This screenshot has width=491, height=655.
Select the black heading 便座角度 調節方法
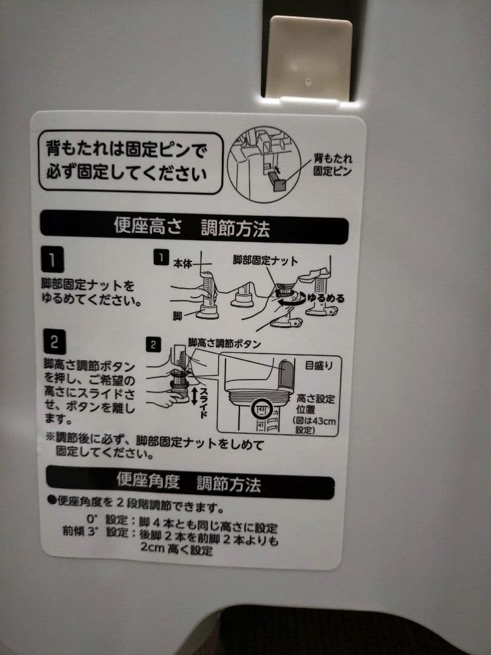click(x=190, y=483)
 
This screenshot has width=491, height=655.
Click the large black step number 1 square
click(x=53, y=259)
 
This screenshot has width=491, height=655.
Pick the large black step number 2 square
click(x=55, y=342)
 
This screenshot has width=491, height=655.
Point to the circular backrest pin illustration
click(x=264, y=164)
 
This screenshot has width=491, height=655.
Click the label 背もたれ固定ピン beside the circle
click(x=332, y=164)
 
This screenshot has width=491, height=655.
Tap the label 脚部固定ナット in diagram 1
click(x=266, y=261)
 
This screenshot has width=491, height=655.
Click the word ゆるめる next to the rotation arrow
click(x=326, y=298)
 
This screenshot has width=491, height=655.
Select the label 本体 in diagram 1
click(x=182, y=264)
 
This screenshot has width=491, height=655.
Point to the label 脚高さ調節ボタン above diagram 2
click(x=224, y=343)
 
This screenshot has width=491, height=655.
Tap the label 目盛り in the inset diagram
click(x=319, y=366)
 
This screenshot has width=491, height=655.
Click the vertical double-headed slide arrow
click(x=194, y=395)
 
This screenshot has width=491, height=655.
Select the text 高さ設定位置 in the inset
click(x=315, y=404)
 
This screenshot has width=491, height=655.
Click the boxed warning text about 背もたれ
click(x=131, y=162)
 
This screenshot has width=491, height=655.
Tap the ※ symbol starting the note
click(x=50, y=437)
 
